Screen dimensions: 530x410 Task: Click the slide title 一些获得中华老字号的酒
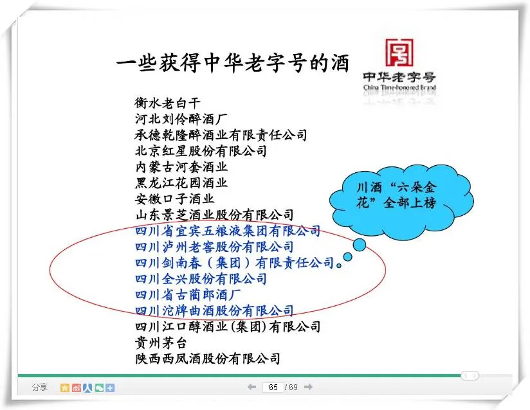click(x=233, y=63)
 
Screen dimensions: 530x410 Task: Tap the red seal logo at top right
click(x=399, y=53)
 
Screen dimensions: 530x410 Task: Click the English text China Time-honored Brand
click(x=399, y=87)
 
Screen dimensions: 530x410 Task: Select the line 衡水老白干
click(x=168, y=103)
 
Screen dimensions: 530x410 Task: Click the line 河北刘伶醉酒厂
click(x=181, y=119)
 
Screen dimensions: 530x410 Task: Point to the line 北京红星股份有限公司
click(x=201, y=151)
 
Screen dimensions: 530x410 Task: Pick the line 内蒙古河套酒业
click(x=181, y=167)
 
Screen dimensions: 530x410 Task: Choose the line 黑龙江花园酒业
click(x=181, y=183)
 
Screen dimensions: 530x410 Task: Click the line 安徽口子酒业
click(x=174, y=199)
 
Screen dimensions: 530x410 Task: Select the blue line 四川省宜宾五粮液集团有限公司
click(x=228, y=231)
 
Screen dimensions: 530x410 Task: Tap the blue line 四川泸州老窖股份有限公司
click(x=214, y=247)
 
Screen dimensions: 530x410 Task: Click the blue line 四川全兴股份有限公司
click(x=201, y=279)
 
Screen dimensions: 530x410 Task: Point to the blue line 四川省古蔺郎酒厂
click(x=188, y=295)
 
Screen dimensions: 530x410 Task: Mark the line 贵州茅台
click(x=161, y=343)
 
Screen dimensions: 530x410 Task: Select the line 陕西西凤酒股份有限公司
click(x=208, y=359)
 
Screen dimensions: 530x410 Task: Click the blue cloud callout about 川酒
click(x=401, y=202)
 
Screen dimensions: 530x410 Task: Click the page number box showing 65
click(x=273, y=387)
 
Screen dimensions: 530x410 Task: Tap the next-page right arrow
click(x=308, y=387)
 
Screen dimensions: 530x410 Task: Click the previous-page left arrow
click(x=251, y=387)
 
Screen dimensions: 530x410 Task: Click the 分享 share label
click(x=40, y=387)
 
